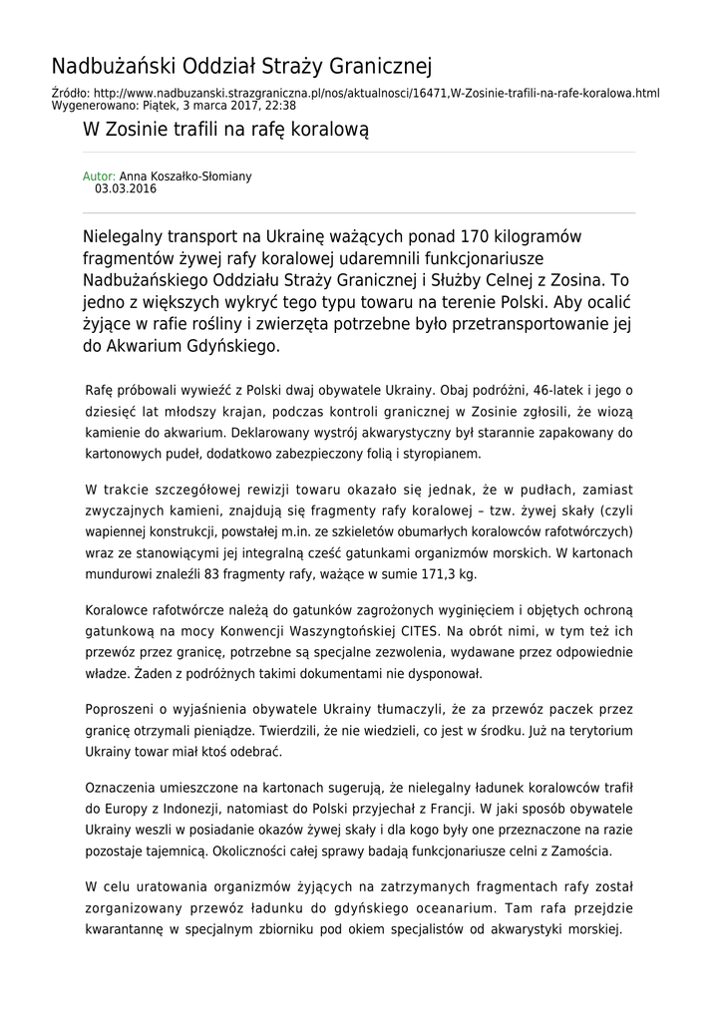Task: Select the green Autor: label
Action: tap(99, 176)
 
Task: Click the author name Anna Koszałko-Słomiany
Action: tap(185, 176)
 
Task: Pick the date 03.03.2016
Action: tap(126, 187)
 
